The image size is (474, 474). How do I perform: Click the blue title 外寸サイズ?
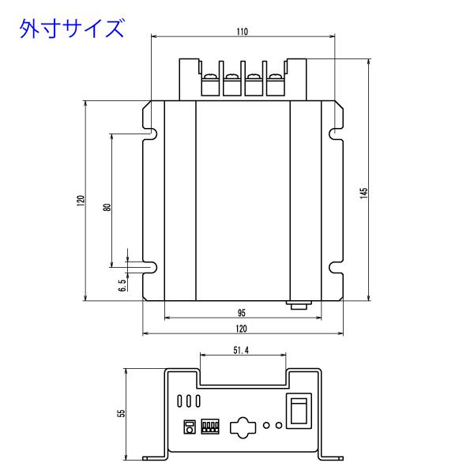click(72, 28)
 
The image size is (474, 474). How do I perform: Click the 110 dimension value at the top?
click(243, 32)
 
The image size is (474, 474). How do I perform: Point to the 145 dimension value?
click(363, 193)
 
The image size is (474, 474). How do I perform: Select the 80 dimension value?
click(107, 207)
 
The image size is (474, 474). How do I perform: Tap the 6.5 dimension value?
click(122, 285)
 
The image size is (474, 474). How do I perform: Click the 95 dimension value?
click(242, 313)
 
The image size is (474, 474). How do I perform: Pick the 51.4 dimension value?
click(241, 350)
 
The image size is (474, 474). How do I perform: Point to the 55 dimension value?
click(121, 413)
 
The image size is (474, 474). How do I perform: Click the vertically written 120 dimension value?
click(81, 201)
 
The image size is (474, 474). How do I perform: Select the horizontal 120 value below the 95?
click(241, 329)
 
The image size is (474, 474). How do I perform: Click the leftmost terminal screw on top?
click(211, 77)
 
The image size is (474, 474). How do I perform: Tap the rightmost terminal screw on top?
click(275, 77)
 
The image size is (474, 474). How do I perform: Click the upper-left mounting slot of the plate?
click(151, 134)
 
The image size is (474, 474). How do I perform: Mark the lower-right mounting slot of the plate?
click(336, 268)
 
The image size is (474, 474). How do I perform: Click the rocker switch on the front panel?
click(299, 411)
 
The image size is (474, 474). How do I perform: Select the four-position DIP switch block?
click(210, 427)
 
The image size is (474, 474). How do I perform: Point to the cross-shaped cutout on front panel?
click(243, 427)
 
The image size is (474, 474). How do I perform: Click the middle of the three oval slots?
click(189, 401)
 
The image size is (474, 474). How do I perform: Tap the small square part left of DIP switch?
click(190, 427)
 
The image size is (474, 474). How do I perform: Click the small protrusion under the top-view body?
click(299, 305)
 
